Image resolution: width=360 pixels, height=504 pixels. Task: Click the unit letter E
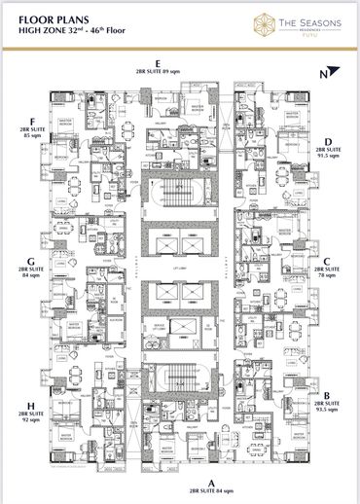pyautogui.click(x=170, y=63)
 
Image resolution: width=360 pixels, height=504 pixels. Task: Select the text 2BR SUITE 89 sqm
pyautogui.click(x=170, y=71)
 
